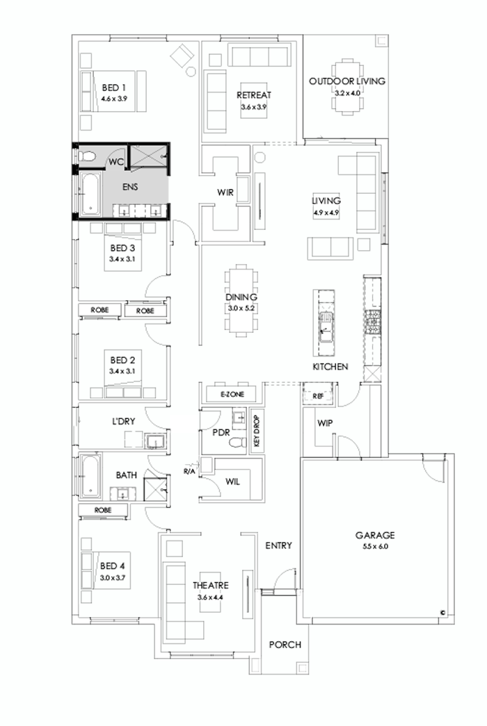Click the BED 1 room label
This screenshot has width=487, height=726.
click(113, 88)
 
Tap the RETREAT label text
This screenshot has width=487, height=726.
click(253, 94)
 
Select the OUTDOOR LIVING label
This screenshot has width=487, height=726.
click(347, 81)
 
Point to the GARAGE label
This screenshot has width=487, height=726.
click(375, 535)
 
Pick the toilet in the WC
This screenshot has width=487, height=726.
click(87, 158)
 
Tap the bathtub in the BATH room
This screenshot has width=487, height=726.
click(90, 476)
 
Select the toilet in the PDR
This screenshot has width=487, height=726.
click(237, 442)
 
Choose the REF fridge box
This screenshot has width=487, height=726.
click(319, 396)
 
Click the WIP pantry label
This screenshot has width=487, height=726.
click(324, 423)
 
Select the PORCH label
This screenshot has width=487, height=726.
click(285, 645)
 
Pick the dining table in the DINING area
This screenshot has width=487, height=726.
click(241, 299)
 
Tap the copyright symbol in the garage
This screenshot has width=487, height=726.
click(442, 612)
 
